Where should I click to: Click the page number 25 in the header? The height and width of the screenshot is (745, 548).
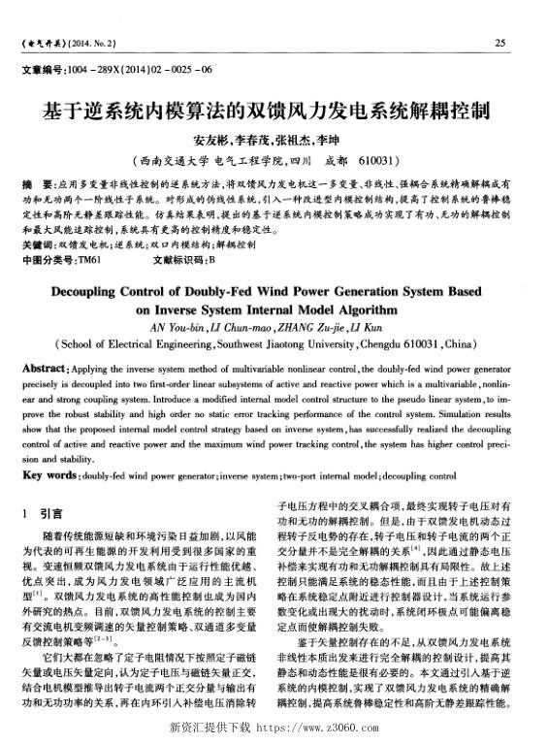(500, 42)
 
